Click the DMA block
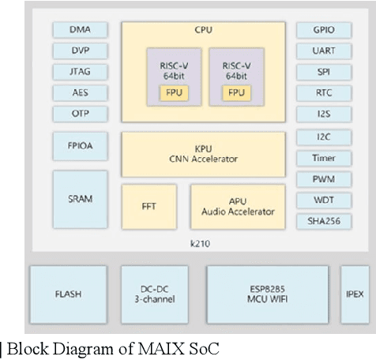[x=80, y=30]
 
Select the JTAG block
[x=80, y=72]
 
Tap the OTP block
[x=80, y=114]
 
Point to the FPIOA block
[x=80, y=146]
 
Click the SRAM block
[x=80, y=199]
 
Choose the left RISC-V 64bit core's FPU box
[x=172, y=92]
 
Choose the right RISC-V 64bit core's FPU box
[x=236, y=92]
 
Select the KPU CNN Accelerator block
[x=203, y=154]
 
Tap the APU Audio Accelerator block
[x=238, y=207]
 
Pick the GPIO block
[x=324, y=30]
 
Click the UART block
[x=324, y=51]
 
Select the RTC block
[x=324, y=92]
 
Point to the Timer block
[x=324, y=159]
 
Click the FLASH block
[x=68, y=294]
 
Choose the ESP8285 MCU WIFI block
[x=267, y=294]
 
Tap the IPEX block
[x=355, y=294]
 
